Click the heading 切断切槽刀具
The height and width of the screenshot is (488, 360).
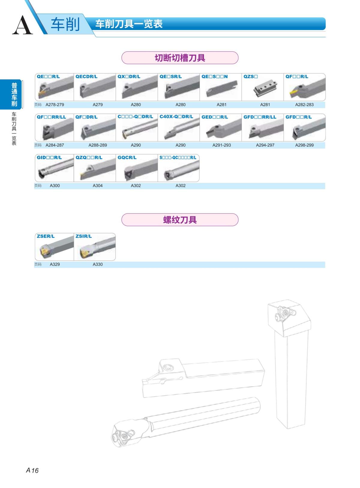tap(180, 58)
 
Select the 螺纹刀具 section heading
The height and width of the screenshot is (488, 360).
tap(180, 220)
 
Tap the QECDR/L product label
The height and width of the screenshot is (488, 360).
tap(86, 76)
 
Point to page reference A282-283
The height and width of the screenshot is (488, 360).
tap(304, 105)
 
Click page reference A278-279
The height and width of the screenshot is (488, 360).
tap(55, 105)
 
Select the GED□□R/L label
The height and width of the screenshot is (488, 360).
tap(214, 117)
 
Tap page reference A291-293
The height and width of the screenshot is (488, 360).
tap(221, 145)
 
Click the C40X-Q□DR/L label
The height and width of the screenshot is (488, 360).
tap(176, 117)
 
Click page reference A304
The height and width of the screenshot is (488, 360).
tap(97, 186)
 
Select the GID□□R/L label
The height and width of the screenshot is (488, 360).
tap(49, 157)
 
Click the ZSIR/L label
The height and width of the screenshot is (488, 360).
tap(84, 236)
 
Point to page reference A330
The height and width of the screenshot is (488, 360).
tap(97, 264)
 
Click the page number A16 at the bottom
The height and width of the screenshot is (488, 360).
tap(32, 470)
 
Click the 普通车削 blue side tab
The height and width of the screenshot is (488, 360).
tap(14, 94)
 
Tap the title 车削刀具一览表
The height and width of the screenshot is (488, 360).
tap(129, 24)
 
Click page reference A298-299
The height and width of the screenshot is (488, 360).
tap(304, 145)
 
